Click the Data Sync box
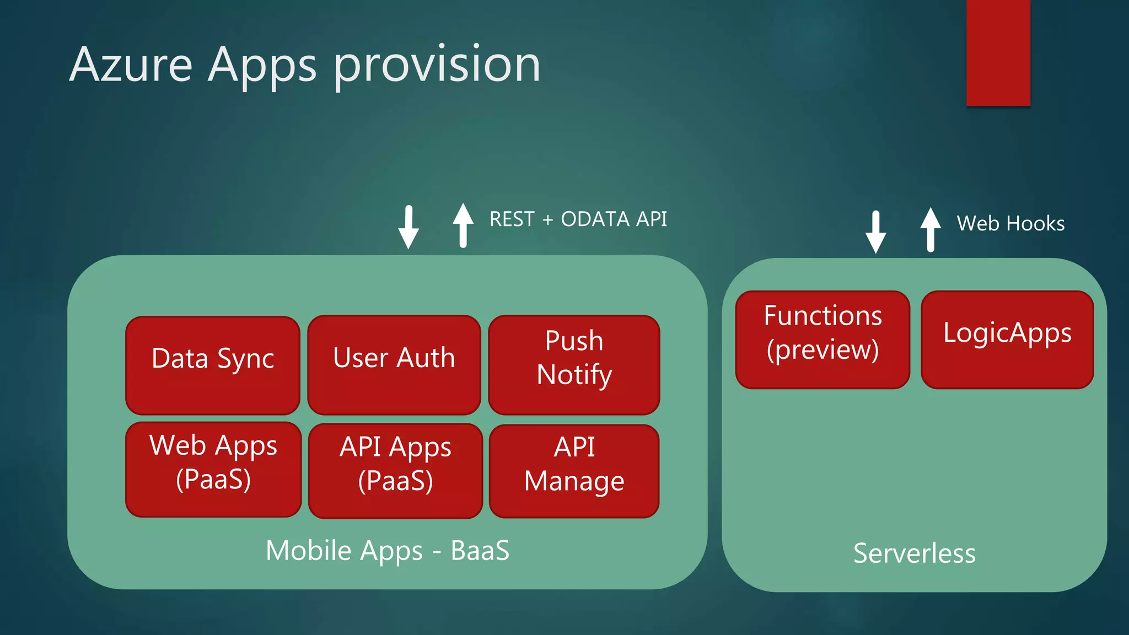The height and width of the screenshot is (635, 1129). pos(213,365)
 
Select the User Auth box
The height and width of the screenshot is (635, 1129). pos(394,364)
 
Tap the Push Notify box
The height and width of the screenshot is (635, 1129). pos(574,364)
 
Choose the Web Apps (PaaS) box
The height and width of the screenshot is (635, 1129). pos(213,469)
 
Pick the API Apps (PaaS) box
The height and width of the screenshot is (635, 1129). pos(395,471)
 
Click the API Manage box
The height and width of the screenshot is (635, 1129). pos(574,471)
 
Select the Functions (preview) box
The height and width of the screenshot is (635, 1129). pos(822,340)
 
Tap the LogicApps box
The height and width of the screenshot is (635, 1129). pos(1007,340)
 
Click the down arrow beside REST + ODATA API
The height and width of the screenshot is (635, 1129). pos(408,227)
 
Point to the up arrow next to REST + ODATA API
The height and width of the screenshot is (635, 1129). pos(463,225)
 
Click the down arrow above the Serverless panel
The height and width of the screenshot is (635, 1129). pos(875,232)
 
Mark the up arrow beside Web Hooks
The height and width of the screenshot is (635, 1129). pos(931,229)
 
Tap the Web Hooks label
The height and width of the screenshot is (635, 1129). pos(1010,224)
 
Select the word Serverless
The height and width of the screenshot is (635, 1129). pos(914,553)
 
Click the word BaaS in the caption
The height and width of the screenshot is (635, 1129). pos(480,551)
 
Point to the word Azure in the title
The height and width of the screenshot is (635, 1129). pos(131,65)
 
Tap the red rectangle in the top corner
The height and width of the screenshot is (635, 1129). pos(998,52)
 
